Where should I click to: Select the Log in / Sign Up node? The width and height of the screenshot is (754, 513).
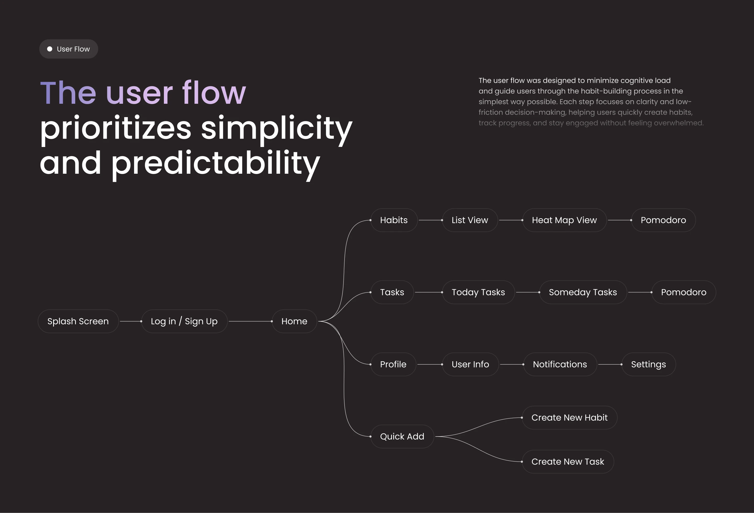tap(184, 321)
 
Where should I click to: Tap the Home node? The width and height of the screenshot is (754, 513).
tap(294, 321)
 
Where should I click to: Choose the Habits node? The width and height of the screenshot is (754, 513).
tap(394, 220)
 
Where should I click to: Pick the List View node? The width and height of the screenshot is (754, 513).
tap(470, 220)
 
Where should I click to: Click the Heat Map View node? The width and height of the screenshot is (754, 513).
tap(564, 220)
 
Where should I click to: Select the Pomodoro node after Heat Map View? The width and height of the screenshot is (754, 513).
tap(663, 220)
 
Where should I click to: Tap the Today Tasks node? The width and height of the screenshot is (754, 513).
tap(478, 292)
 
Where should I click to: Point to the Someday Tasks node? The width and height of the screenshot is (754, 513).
tap(583, 292)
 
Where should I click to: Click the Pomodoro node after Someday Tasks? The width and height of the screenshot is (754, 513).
tap(684, 292)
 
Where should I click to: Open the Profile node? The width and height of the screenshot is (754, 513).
tap(393, 364)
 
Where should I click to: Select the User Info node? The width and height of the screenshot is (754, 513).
tap(470, 364)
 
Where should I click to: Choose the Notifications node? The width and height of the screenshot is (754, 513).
tap(560, 364)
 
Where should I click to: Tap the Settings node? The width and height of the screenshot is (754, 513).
tap(648, 364)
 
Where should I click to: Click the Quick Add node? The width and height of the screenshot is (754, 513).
tap(402, 436)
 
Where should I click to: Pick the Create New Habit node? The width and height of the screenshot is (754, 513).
tap(569, 418)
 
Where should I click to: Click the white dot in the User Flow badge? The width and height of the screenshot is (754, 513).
tap(50, 49)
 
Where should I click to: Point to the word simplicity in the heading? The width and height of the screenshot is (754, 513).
tap(276, 128)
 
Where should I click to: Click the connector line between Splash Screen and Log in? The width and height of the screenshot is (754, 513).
tap(130, 321)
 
